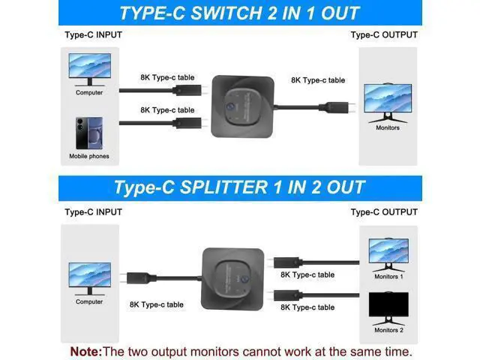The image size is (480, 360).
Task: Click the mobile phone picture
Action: [x=89, y=133]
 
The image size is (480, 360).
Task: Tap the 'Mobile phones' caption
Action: [x=89, y=156]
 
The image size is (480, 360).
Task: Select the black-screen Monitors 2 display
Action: [x=388, y=308]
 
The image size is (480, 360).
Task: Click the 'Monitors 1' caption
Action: [x=388, y=277]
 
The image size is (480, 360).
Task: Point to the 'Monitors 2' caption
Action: [x=388, y=330]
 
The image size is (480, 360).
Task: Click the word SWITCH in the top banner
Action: [x=226, y=13]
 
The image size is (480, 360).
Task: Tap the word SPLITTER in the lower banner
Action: [x=223, y=187]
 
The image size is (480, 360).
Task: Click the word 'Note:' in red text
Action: [x=86, y=352]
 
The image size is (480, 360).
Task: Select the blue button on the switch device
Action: [x=230, y=106]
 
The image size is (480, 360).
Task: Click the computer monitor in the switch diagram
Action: [x=90, y=70]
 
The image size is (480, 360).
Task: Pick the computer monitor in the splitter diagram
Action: [x=90, y=279]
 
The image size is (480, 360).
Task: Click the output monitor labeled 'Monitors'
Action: [x=388, y=103]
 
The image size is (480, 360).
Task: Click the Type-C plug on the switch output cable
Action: [x=337, y=107]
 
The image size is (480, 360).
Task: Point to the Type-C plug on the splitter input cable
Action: [x=138, y=278]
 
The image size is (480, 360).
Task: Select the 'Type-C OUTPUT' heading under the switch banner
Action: [x=384, y=35]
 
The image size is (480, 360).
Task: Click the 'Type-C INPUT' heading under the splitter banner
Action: [x=93, y=212]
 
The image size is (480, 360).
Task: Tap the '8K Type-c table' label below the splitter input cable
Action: [x=157, y=304]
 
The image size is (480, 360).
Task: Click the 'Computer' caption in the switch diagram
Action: [x=89, y=92]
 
